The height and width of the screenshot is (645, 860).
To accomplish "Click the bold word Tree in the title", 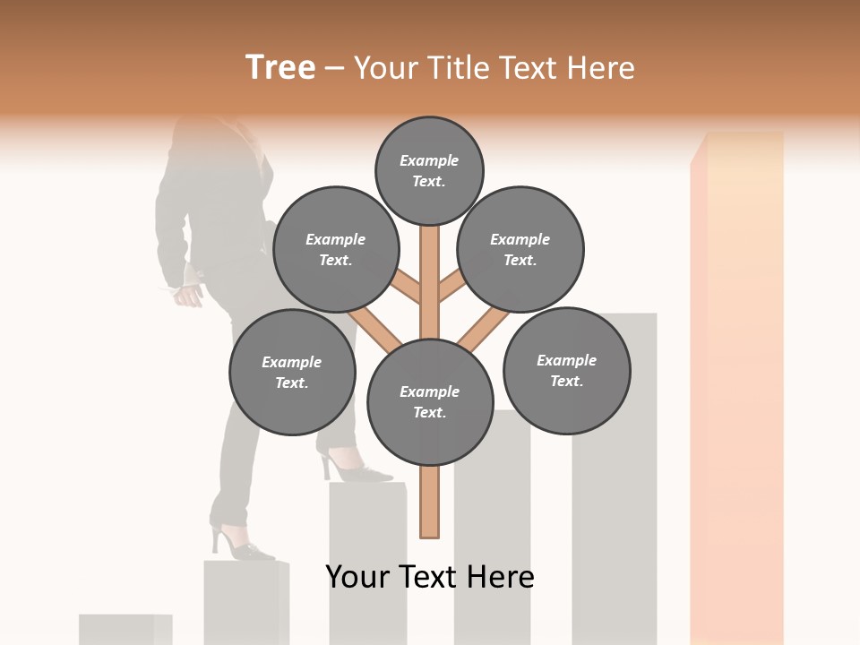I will [x=280, y=68].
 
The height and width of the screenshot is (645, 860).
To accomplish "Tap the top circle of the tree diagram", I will [x=429, y=170].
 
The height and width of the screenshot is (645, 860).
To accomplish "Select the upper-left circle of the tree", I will [x=335, y=249].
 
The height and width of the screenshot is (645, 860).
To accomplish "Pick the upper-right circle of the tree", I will [x=520, y=249].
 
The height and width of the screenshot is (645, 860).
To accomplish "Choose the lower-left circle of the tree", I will [x=292, y=372].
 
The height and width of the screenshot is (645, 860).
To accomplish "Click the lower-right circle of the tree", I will [x=566, y=370].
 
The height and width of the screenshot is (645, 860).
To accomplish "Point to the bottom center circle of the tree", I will [x=430, y=402].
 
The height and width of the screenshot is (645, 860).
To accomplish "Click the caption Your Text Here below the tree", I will [x=430, y=576].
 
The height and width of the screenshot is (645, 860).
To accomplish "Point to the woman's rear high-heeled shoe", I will [x=240, y=544].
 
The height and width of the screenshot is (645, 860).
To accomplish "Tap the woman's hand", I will [x=187, y=294].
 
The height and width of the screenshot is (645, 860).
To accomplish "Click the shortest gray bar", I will [x=125, y=629].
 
